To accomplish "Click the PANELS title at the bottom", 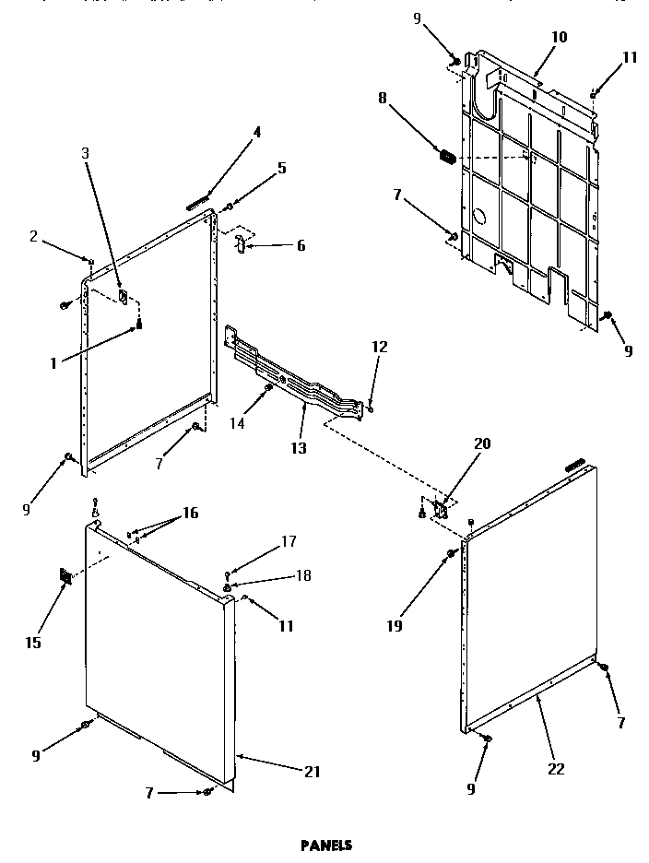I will pos(326,843).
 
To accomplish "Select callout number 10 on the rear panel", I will pos(560,38).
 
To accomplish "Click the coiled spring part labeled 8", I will pos(446,158).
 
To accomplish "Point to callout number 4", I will pos(257,132).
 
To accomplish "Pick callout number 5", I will pos(282,168).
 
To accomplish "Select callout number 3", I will pos(87,153).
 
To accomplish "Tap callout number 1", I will pos(54,363).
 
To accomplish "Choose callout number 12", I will pos(380,347).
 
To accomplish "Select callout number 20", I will pos(481,443).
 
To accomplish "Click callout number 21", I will pos(313,772).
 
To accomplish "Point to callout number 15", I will pos(33,643).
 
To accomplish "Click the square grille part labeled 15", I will pos(65,578).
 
